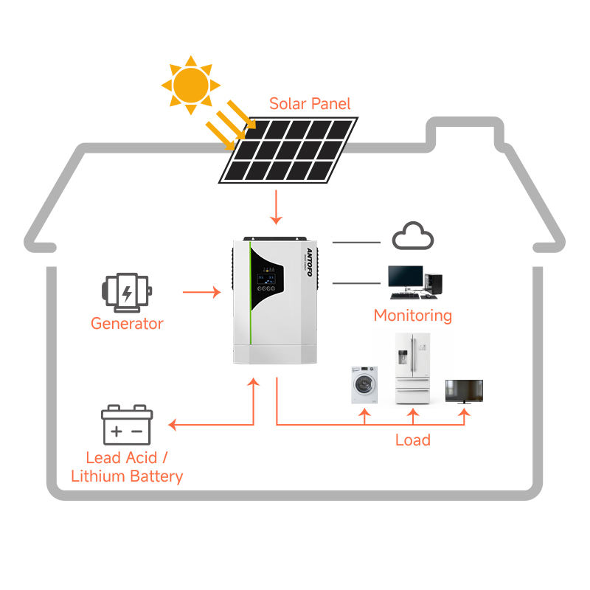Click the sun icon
[191, 85]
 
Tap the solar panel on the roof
[288, 150]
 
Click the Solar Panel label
[310, 104]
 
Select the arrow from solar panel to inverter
[276, 207]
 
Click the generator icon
[127, 292]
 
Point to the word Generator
[127, 324]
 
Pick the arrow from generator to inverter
[201, 292]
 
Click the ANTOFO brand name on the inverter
[310, 262]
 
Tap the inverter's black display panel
[267, 280]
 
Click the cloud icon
[413, 236]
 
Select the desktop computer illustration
[415, 282]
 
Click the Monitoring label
[413, 316]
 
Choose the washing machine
[364, 384]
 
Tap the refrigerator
[412, 368]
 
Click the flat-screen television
[464, 392]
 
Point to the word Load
[413, 440]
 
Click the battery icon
[127, 425]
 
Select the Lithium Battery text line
[127, 476]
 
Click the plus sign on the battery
[117, 431]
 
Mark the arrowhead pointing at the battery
[172, 425]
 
